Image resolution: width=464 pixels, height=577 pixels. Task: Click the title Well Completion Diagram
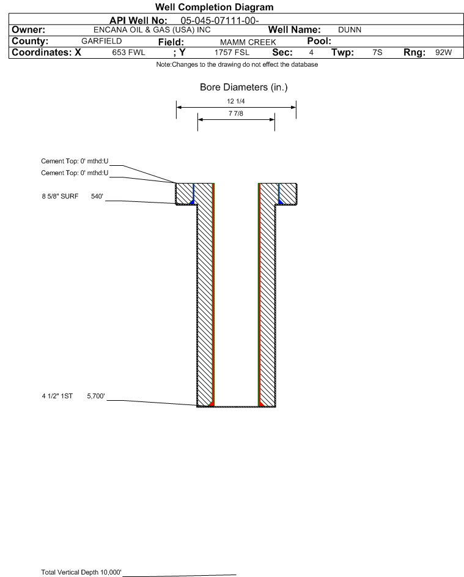click(x=215, y=7)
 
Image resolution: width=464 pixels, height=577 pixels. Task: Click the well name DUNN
click(x=349, y=30)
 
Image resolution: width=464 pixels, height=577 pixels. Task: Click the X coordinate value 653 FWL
click(x=128, y=53)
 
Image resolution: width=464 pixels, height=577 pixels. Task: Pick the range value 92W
click(x=443, y=53)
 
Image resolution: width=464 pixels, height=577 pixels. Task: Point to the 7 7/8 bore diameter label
click(x=235, y=114)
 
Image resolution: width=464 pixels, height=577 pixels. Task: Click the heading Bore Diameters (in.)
click(x=243, y=87)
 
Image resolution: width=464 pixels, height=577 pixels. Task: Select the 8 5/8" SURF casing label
click(x=60, y=197)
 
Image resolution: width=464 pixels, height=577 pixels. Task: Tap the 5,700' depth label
click(x=97, y=396)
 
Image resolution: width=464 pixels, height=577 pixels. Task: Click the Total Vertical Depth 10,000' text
click(x=81, y=572)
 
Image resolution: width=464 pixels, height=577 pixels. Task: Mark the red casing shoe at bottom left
click(x=211, y=403)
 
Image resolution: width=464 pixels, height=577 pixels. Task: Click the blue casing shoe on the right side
click(x=281, y=201)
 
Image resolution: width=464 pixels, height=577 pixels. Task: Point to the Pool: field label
click(x=319, y=41)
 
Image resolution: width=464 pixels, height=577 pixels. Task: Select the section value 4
click(x=311, y=53)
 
